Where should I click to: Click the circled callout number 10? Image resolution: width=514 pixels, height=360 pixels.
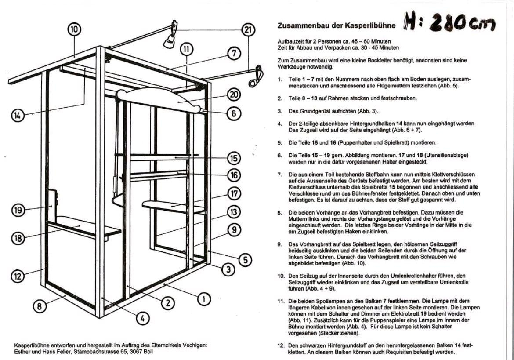click(75, 29)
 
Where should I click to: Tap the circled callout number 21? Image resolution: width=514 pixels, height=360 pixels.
click(248, 29)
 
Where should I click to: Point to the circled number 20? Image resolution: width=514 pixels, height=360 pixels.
click(235, 95)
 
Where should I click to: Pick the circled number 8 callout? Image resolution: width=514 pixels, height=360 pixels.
click(40, 306)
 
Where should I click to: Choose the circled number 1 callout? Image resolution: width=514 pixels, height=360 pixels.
click(203, 299)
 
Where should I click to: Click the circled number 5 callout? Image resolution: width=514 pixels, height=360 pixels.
click(245, 260)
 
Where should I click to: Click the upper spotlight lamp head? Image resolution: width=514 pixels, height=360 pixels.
click(169, 41)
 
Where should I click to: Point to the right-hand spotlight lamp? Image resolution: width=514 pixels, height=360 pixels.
click(255, 78)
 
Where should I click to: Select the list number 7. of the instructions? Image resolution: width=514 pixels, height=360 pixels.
click(279, 175)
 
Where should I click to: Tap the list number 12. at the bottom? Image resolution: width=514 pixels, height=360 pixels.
click(280, 345)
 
